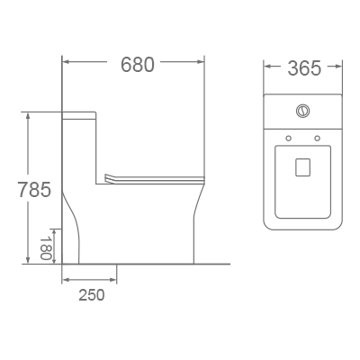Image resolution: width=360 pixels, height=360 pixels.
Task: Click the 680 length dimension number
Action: (x=138, y=65)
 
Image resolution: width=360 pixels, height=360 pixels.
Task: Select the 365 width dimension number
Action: (x=303, y=68)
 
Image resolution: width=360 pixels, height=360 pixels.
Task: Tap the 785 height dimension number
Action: (x=34, y=190)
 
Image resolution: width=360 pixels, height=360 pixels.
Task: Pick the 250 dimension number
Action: (x=90, y=294)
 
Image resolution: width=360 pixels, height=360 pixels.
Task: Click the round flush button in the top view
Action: (x=303, y=112)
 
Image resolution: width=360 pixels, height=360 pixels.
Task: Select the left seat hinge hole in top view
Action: (x=288, y=138)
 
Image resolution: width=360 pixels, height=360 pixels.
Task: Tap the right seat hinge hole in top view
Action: (x=319, y=138)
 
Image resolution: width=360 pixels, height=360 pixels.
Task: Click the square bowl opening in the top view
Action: (x=303, y=166)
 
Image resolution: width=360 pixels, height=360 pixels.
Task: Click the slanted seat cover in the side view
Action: (x=148, y=178)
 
